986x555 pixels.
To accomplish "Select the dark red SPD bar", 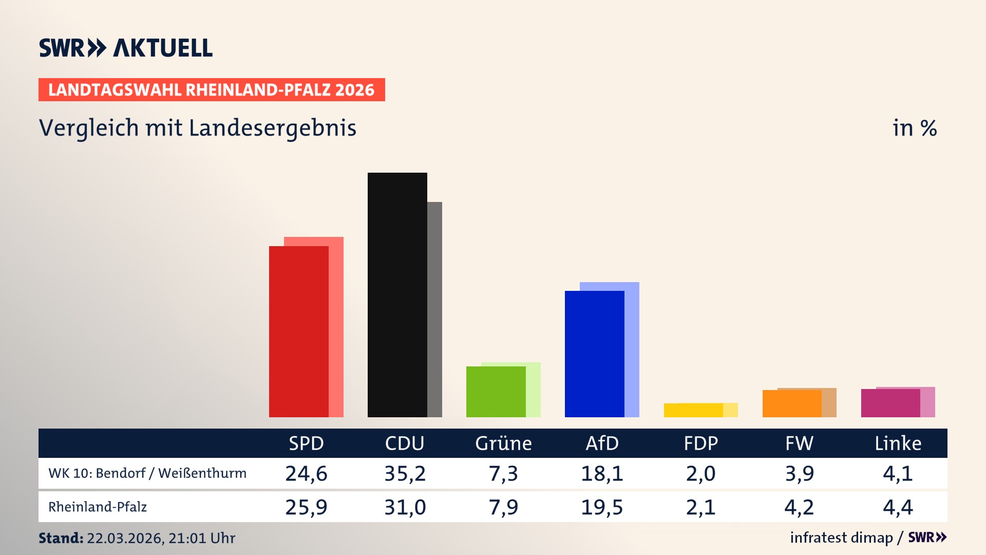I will [x=298, y=331].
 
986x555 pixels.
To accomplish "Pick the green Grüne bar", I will [x=496, y=392].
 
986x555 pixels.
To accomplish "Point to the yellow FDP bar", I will [x=693, y=411].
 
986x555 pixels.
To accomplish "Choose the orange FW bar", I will [x=792, y=404].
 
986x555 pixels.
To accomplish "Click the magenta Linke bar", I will [x=890, y=403].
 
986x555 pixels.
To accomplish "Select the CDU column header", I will [x=405, y=443].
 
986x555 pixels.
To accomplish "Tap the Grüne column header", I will [x=503, y=443].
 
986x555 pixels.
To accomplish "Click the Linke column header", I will [x=898, y=443].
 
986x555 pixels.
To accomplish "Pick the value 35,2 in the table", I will [x=405, y=473].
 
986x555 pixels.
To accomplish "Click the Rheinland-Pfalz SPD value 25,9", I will [x=306, y=507].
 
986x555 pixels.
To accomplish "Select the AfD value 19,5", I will [x=602, y=507].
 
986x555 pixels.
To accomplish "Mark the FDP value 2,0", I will [x=700, y=473].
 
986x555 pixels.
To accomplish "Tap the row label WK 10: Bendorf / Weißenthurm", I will [x=147, y=473].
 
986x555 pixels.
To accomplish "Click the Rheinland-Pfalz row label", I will [x=98, y=507].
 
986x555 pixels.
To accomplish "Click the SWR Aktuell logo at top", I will [x=126, y=48].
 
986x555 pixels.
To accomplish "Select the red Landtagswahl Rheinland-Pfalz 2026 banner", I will [x=212, y=90].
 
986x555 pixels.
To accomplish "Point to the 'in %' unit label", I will [x=914, y=128].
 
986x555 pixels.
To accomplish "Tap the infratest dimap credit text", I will [x=841, y=538].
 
